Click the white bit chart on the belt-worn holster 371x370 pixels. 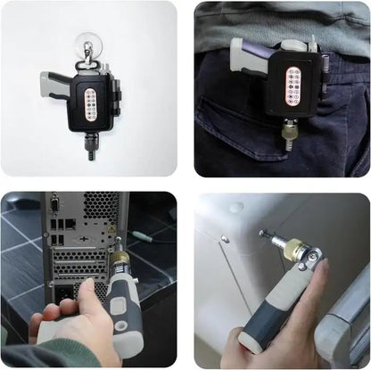pos(293,87)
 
